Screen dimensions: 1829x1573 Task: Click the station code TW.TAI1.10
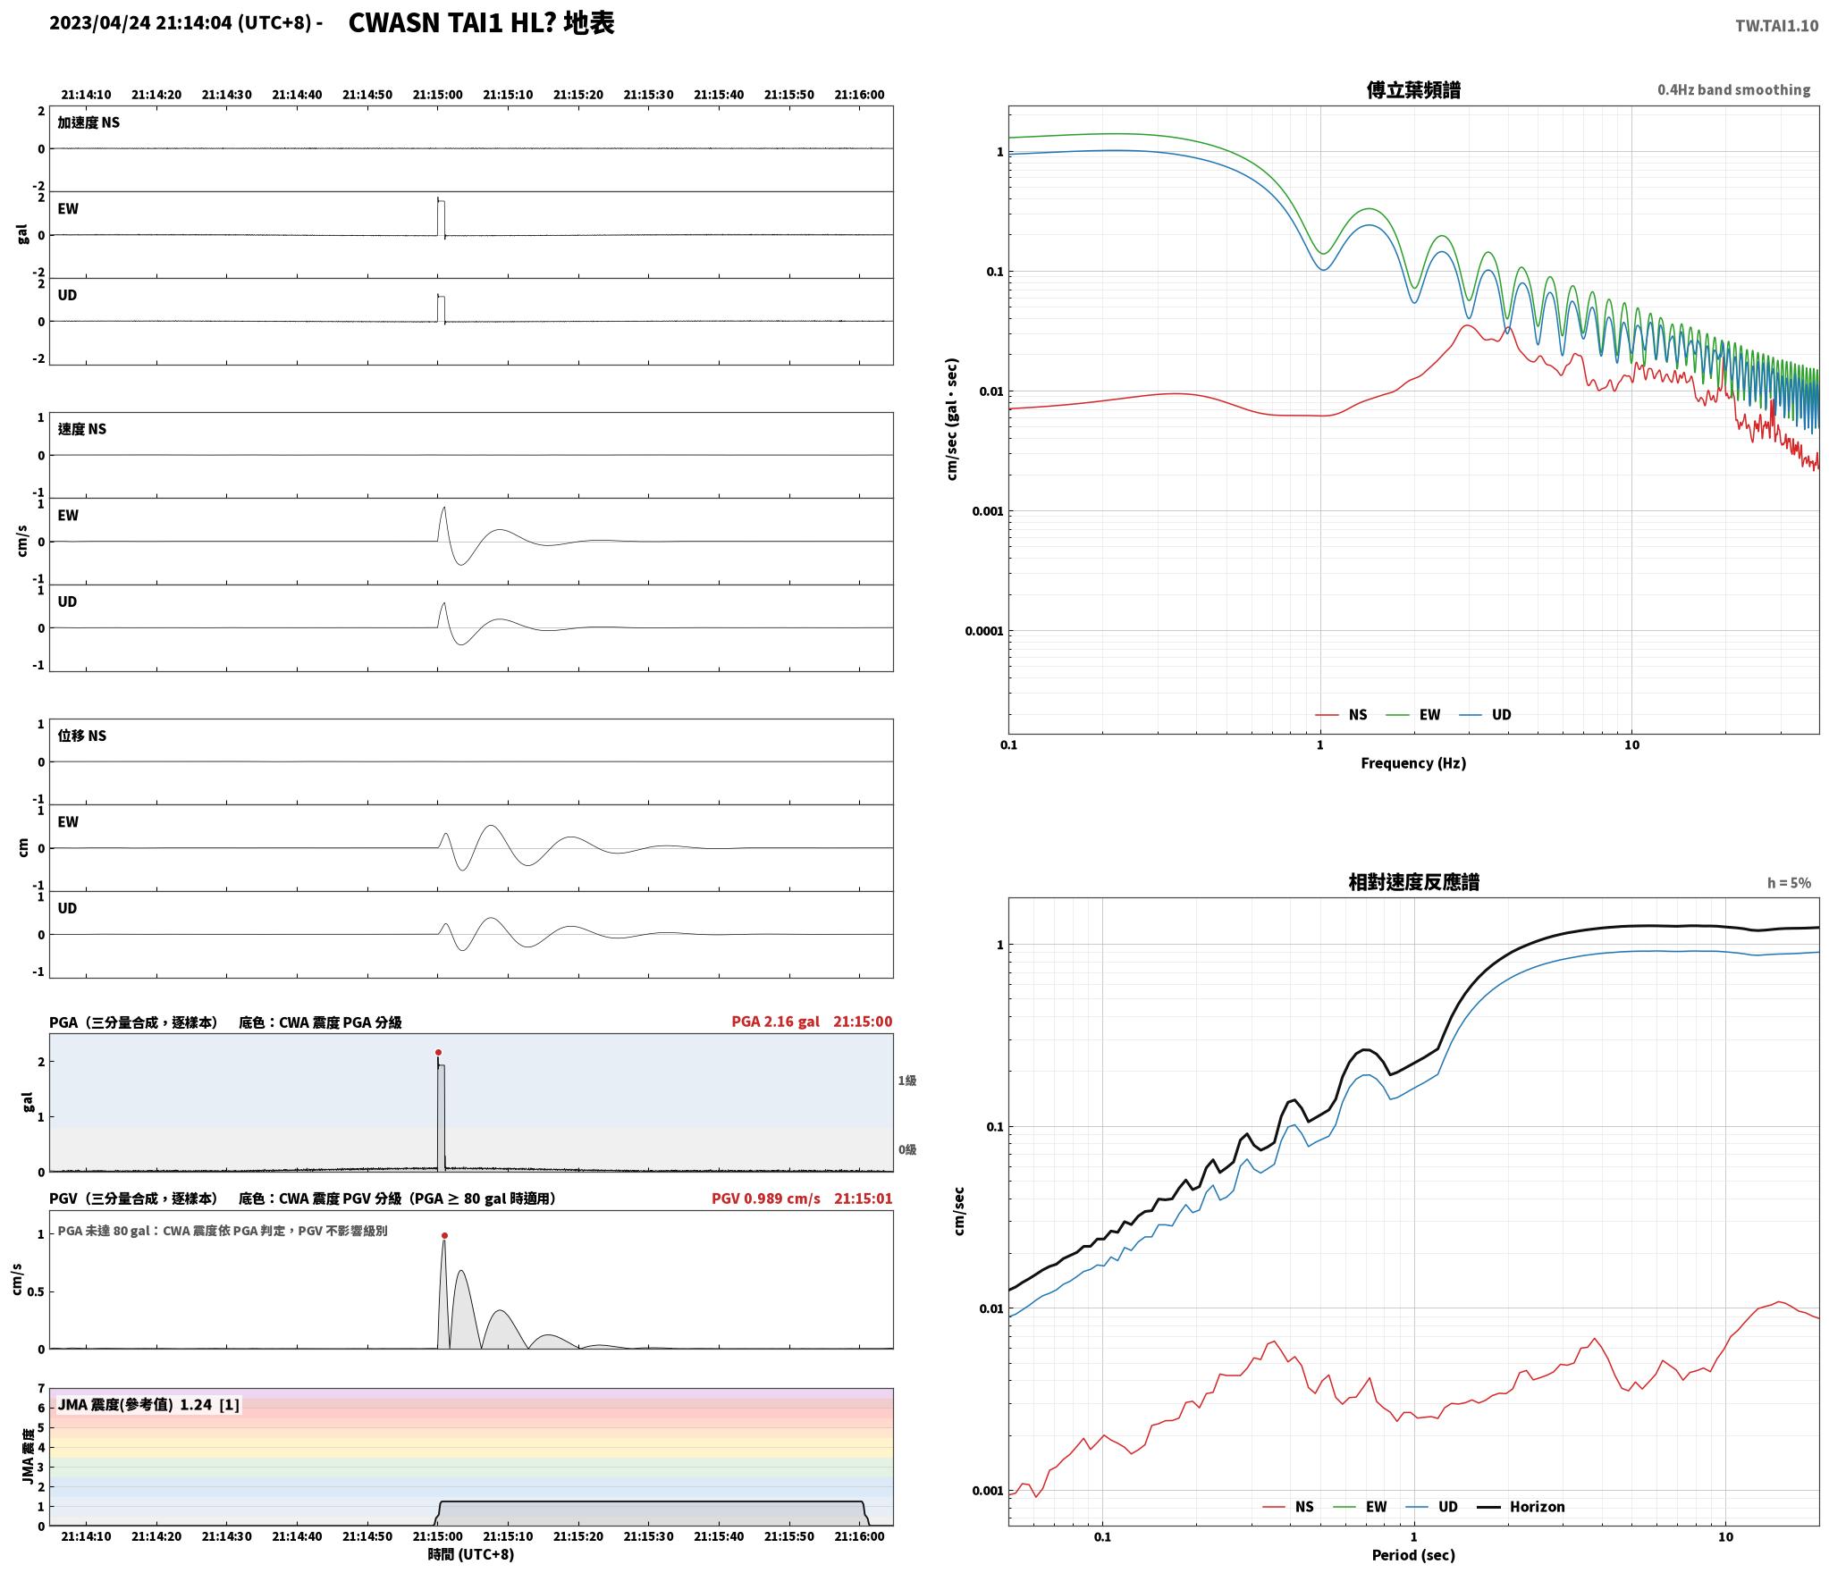(1776, 25)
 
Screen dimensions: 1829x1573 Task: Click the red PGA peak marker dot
(438, 1052)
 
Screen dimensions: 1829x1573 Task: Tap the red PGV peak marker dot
(444, 1235)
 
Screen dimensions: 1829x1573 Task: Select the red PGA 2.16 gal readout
(775, 1022)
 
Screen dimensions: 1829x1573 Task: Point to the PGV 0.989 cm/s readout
(765, 1199)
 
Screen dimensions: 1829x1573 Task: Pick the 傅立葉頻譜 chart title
(1413, 89)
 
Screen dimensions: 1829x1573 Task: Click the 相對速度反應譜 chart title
(1413, 882)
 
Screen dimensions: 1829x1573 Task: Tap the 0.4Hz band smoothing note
(1733, 89)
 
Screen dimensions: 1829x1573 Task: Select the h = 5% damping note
(1789, 883)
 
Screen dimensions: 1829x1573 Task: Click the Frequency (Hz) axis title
(1413, 762)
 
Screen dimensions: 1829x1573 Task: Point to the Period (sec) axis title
(1413, 1555)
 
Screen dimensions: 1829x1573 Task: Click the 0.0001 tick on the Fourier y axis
(983, 631)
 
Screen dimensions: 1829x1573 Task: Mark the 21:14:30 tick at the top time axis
(226, 95)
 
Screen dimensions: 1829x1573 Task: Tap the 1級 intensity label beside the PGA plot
(906, 1081)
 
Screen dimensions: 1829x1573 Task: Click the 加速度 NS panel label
(88, 122)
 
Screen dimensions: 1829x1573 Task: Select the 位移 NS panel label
(81, 736)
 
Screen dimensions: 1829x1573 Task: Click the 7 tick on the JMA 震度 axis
(40, 1388)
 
